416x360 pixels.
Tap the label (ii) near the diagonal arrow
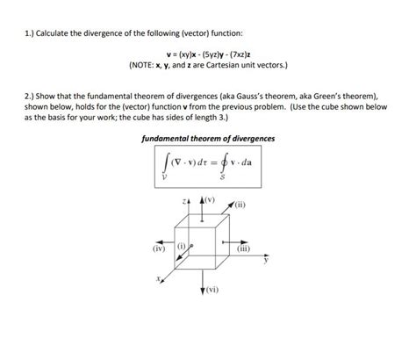click(241, 207)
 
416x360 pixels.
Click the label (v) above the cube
click(209, 199)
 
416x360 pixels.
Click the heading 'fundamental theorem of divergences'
click(208, 139)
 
